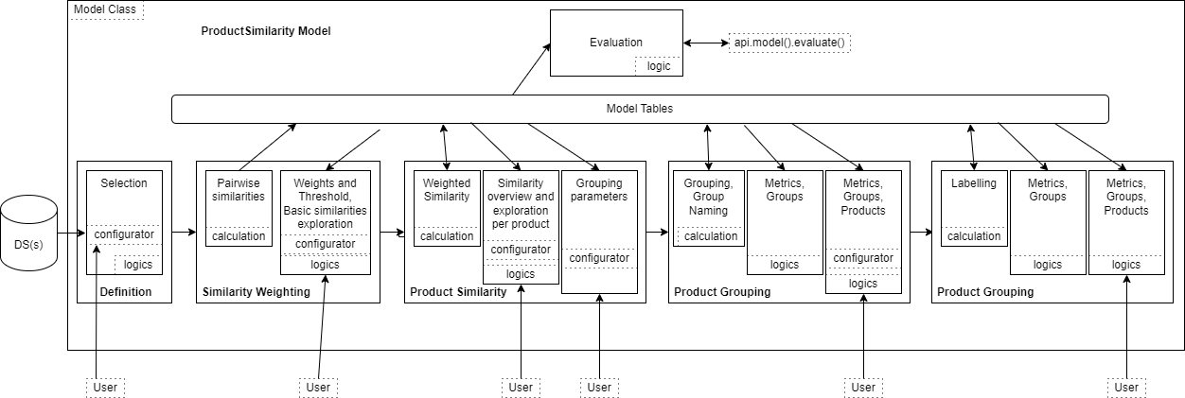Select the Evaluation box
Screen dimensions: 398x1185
tap(615, 43)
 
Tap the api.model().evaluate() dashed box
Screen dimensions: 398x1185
tap(790, 43)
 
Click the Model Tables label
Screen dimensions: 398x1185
tap(639, 109)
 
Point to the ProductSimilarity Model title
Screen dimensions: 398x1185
tap(266, 31)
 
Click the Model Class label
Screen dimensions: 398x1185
tap(105, 9)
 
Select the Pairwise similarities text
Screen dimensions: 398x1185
tap(239, 190)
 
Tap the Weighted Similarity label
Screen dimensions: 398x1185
tap(446, 190)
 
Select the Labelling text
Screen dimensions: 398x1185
tap(973, 183)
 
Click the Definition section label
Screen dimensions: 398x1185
tap(125, 292)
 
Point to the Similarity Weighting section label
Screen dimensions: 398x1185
tap(256, 292)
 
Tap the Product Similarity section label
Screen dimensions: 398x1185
tap(458, 292)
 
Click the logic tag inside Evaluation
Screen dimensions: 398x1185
tap(658, 66)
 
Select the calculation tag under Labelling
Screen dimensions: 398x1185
tap(973, 236)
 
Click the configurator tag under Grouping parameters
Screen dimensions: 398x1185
tap(598, 258)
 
